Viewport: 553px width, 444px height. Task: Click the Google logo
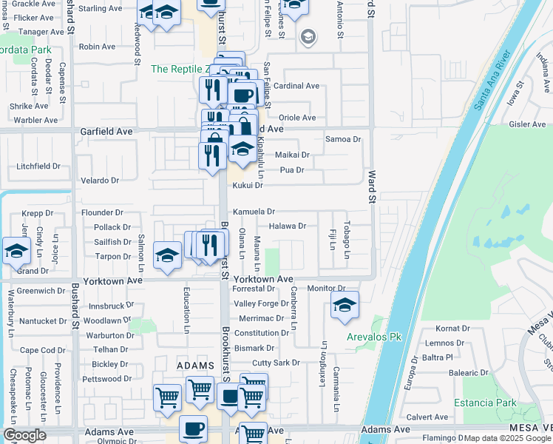coord(25,435)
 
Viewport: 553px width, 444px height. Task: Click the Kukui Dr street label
coord(248,185)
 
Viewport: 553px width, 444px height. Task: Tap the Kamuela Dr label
coord(254,212)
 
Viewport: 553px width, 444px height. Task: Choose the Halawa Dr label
coord(287,226)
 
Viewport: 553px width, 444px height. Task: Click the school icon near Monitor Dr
coord(345,305)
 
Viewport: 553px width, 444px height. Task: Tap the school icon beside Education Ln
coord(168,256)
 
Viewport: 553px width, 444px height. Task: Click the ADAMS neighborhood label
coord(195,366)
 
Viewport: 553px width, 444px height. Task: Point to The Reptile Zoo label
coord(177,69)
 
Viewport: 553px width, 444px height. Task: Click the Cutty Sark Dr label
coord(276,363)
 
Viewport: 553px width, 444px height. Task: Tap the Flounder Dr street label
coord(102,212)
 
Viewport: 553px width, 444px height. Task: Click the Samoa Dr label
coord(343,139)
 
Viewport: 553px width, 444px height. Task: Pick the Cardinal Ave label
coord(296,86)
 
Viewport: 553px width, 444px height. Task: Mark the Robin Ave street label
coord(97,47)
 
